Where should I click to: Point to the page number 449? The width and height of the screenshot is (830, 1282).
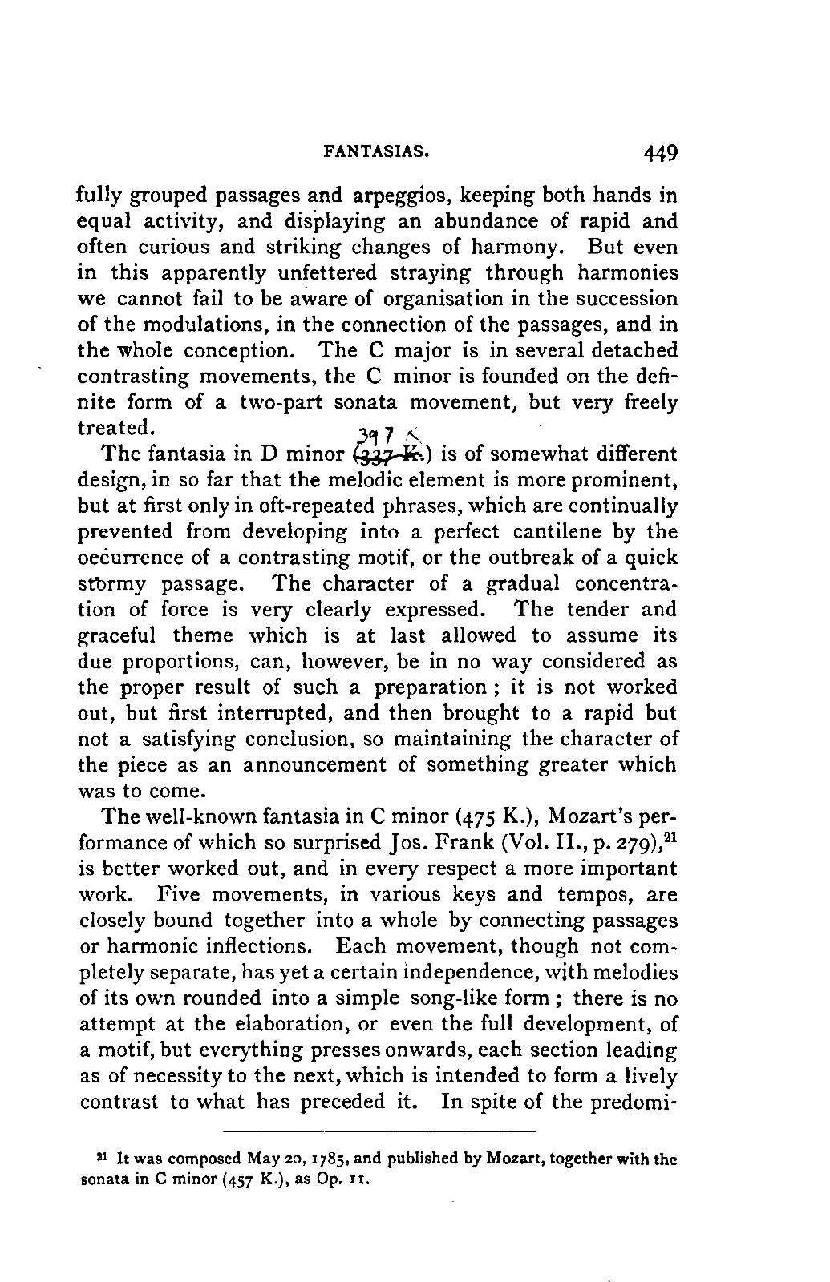(x=659, y=151)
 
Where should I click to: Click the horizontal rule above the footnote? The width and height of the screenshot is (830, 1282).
(x=378, y=1131)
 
